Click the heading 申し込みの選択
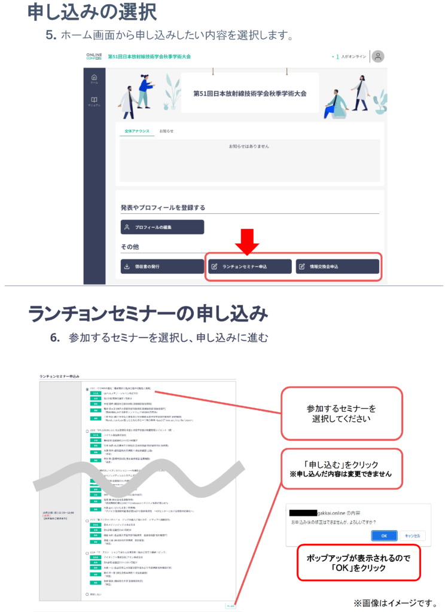pyautogui.click(x=92, y=11)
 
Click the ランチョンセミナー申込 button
pyautogui.click(x=249, y=267)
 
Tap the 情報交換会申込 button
pyautogui.click(x=337, y=267)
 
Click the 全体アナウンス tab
pyautogui.click(x=136, y=131)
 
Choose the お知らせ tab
pyautogui.click(x=166, y=131)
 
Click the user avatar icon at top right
pyautogui.click(x=377, y=57)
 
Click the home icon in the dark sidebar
pyautogui.click(x=94, y=78)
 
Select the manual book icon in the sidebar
pyautogui.click(x=94, y=100)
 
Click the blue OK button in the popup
pyautogui.click(x=383, y=535)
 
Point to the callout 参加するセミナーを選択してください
pyautogui.click(x=342, y=413)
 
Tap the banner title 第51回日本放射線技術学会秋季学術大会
pyautogui.click(x=250, y=94)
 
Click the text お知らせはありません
pyautogui.click(x=249, y=146)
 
